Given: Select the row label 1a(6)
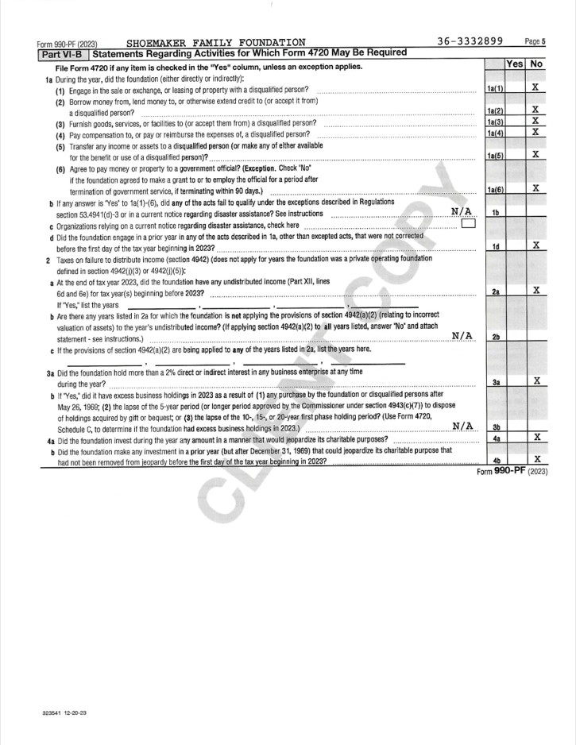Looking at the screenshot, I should tap(494, 190).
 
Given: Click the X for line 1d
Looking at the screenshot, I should tap(536, 247).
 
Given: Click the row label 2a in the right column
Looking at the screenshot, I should tap(494, 292).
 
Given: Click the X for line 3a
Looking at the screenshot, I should tap(536, 382).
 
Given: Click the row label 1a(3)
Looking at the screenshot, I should tap(494, 121).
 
